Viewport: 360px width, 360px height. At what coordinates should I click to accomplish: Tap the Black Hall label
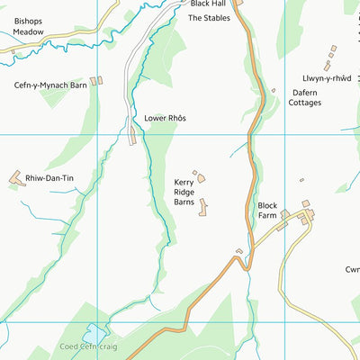tap(208, 4)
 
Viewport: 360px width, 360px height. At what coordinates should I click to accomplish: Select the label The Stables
tap(208, 17)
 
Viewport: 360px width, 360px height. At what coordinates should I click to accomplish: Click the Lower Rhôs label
tap(166, 118)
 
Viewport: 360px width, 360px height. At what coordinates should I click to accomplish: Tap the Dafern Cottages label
tap(310, 96)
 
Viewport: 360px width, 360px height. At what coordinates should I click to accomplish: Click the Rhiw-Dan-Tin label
tap(49, 179)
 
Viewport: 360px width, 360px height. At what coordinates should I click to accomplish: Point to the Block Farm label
tap(269, 211)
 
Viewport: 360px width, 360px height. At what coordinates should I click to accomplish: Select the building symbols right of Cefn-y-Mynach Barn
tap(97, 81)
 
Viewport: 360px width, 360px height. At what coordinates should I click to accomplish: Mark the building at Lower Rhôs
tap(134, 137)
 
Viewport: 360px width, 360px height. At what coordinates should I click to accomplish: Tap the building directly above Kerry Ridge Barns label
tap(201, 177)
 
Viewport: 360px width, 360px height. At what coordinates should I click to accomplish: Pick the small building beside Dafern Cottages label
tap(273, 90)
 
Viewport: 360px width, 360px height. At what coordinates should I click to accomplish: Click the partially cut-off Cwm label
tap(352, 269)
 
